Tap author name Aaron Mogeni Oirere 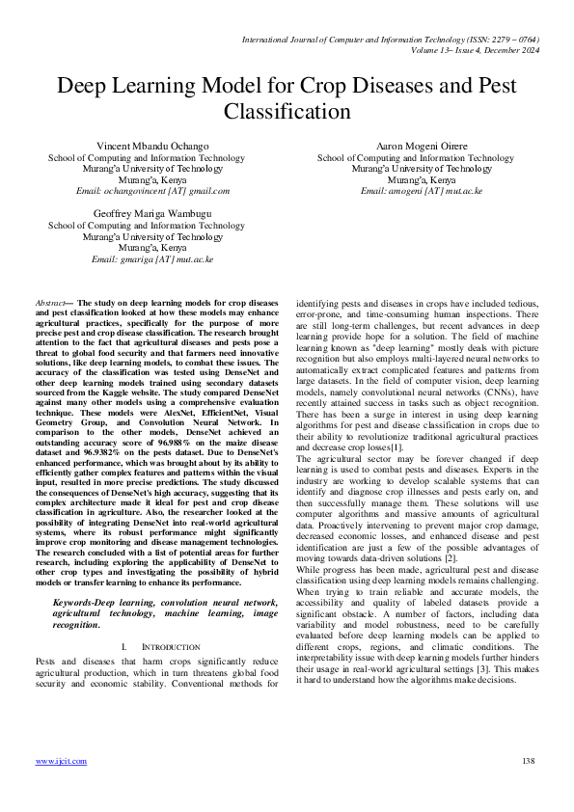pos(421,146)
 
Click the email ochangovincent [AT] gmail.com pos(152,191)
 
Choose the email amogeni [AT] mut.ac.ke pos(421,191)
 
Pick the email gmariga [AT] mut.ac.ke pos(152,258)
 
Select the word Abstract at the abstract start pos(50,302)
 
